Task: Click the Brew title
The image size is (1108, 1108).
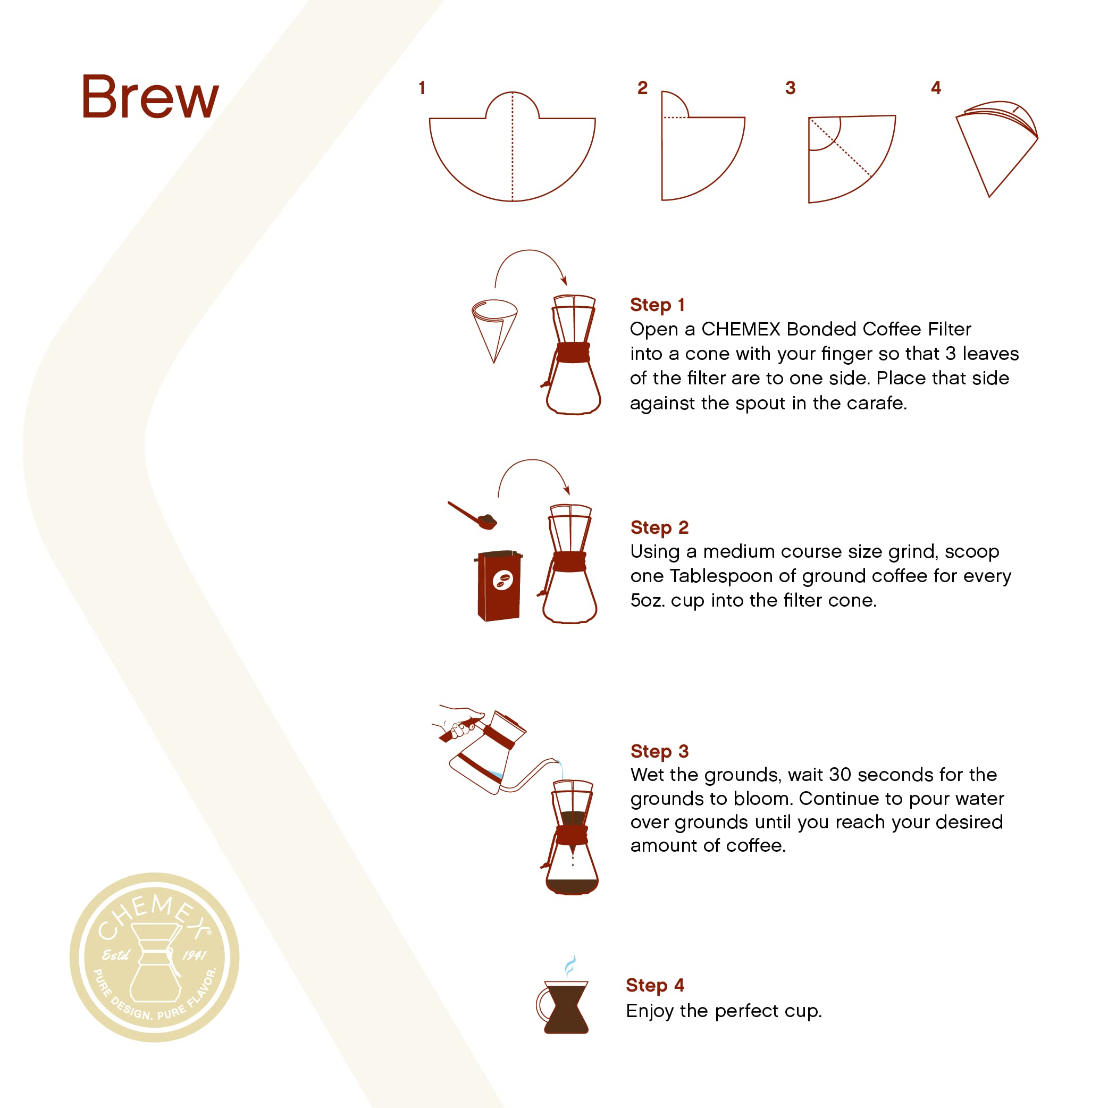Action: point(150,97)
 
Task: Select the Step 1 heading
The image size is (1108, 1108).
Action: point(657,305)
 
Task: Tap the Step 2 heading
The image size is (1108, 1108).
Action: point(659,527)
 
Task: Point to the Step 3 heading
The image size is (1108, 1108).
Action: point(659,751)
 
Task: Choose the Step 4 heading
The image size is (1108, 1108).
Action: point(655,985)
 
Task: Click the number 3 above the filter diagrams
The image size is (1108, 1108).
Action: point(790,88)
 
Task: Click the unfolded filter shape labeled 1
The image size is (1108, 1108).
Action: point(512,155)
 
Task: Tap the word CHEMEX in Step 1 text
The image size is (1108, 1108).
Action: point(741,329)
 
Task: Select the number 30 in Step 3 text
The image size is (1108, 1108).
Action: point(840,775)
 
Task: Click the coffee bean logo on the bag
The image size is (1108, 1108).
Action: point(502,581)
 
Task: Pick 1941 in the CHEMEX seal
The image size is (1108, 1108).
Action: point(195,955)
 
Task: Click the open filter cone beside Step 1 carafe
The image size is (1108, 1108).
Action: point(494,327)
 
